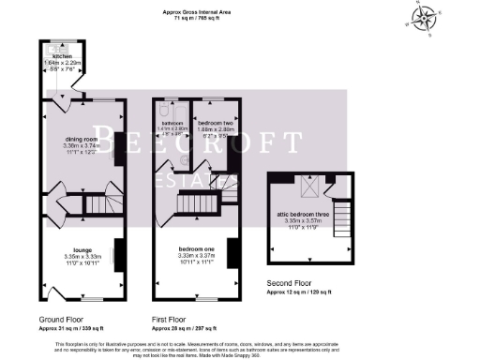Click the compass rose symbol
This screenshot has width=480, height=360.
tap(427, 17)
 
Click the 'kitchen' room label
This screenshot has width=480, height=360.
tap(62, 55)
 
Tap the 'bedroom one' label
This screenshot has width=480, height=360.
tap(197, 248)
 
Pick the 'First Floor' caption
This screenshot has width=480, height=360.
tap(172, 319)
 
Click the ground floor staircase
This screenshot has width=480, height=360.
tap(97, 202)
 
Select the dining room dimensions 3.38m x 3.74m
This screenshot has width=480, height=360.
tap(80, 147)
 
